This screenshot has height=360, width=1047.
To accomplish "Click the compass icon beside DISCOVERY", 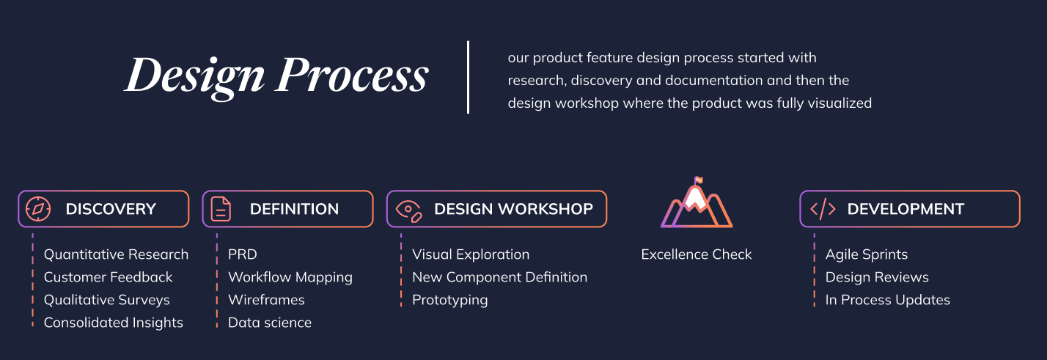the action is point(38,209).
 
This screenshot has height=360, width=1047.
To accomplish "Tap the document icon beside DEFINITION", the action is point(221,209).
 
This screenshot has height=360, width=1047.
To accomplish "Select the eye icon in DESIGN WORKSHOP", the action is point(409,210).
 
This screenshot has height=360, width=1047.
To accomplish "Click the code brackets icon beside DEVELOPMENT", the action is point(823,208).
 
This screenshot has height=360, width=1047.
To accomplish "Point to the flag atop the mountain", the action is point(698,180).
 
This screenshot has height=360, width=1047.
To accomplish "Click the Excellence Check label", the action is point(697,254).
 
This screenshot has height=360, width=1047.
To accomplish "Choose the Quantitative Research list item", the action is point(116,254).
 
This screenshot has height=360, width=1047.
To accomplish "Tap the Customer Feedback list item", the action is point(108,277).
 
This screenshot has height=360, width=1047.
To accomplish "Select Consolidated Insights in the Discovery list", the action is point(113,323).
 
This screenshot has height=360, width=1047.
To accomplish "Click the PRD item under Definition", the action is point(242,254).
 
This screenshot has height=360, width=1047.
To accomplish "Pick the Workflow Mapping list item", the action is point(290,277).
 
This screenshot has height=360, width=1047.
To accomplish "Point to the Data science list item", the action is point(270,323).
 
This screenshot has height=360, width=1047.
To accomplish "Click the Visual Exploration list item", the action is point(471,254).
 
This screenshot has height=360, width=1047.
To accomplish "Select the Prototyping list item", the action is point(450,300).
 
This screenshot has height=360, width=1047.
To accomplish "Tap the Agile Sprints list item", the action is point(867,254).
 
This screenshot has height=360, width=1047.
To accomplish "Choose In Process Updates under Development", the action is point(888,300).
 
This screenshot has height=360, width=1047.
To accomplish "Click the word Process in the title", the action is point(351,75).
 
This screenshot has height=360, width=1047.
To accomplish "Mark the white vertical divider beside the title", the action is point(468,77).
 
